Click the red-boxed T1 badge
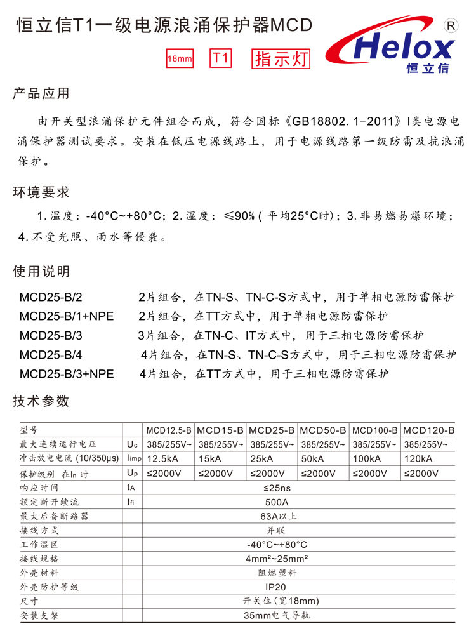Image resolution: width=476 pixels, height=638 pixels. tap(220, 58)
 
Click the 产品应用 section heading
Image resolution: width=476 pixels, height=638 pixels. tap(41, 95)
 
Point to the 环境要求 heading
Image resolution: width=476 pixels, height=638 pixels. tap(41, 192)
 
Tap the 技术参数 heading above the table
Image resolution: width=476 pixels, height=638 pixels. tap(41, 401)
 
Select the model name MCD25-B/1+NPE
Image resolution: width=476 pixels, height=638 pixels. tap(67, 316)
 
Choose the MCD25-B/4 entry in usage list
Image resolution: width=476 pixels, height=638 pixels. tap(51, 354)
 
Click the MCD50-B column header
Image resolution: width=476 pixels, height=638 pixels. tap(322, 430)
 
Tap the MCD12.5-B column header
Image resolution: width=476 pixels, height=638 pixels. tap(168, 430)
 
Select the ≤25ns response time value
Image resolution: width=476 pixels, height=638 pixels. tap(277, 488)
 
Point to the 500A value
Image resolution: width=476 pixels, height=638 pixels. tap(277, 502)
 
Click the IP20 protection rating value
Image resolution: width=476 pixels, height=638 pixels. tap(277, 587)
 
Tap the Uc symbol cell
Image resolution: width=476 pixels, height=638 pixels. tap(132, 444)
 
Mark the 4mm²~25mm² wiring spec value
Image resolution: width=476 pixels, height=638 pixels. tap(277, 559)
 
